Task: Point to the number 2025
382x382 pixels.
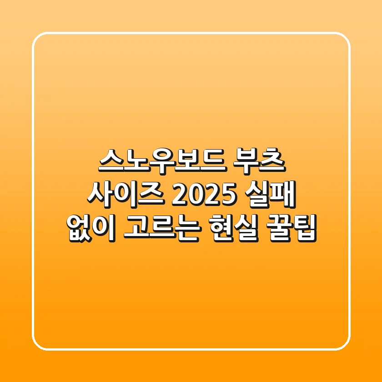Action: pyautogui.click(x=203, y=194)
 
